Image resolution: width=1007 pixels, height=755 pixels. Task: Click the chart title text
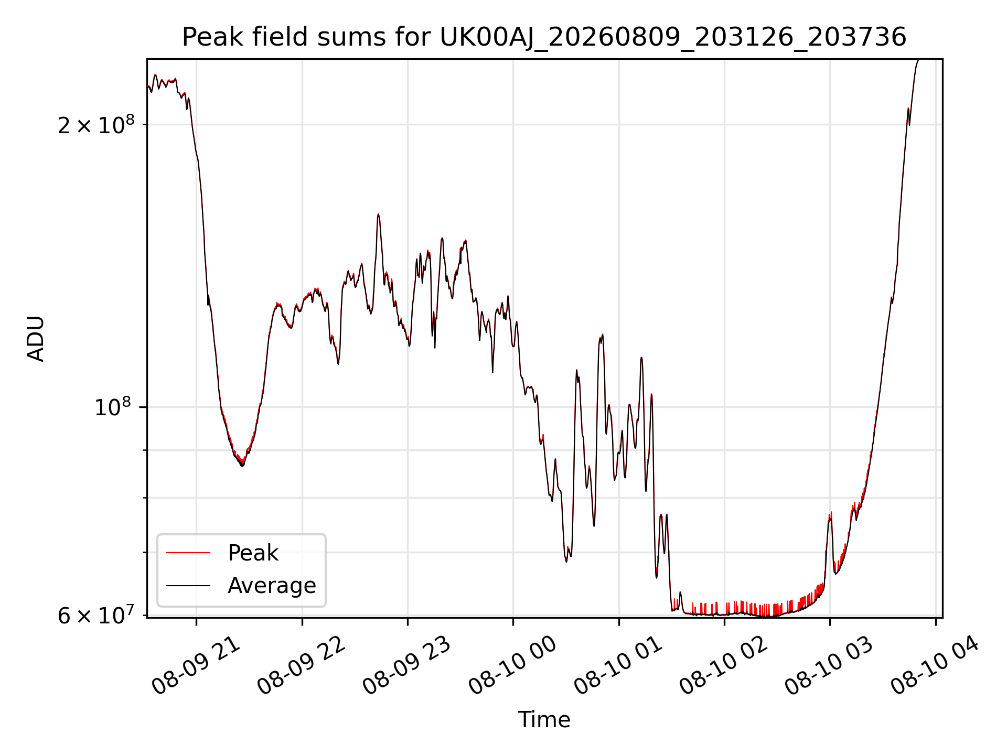(x=544, y=37)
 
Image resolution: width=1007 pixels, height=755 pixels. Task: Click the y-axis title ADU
(x=36, y=339)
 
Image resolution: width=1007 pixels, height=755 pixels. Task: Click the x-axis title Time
(x=544, y=720)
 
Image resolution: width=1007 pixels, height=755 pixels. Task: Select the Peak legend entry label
(x=253, y=553)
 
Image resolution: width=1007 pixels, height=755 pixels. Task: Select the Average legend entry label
(x=272, y=586)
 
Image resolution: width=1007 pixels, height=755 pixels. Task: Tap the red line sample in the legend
(x=188, y=553)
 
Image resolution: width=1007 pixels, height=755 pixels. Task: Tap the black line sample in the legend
(x=188, y=586)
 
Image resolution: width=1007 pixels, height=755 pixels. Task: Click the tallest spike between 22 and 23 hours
(x=378, y=214)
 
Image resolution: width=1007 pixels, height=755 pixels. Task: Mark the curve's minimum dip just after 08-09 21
(x=242, y=465)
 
